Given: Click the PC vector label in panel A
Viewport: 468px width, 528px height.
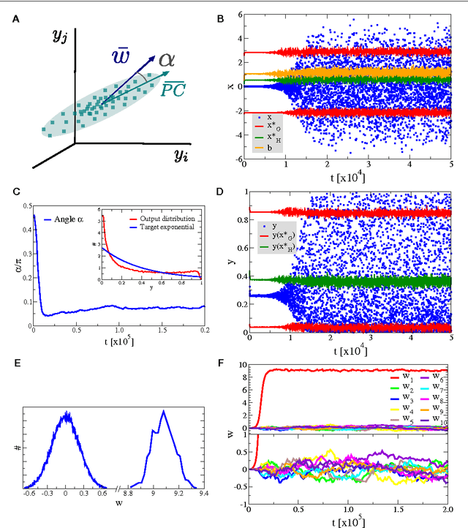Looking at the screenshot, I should coord(174,88).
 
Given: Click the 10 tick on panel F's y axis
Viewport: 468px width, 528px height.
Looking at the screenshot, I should coord(241,365).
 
